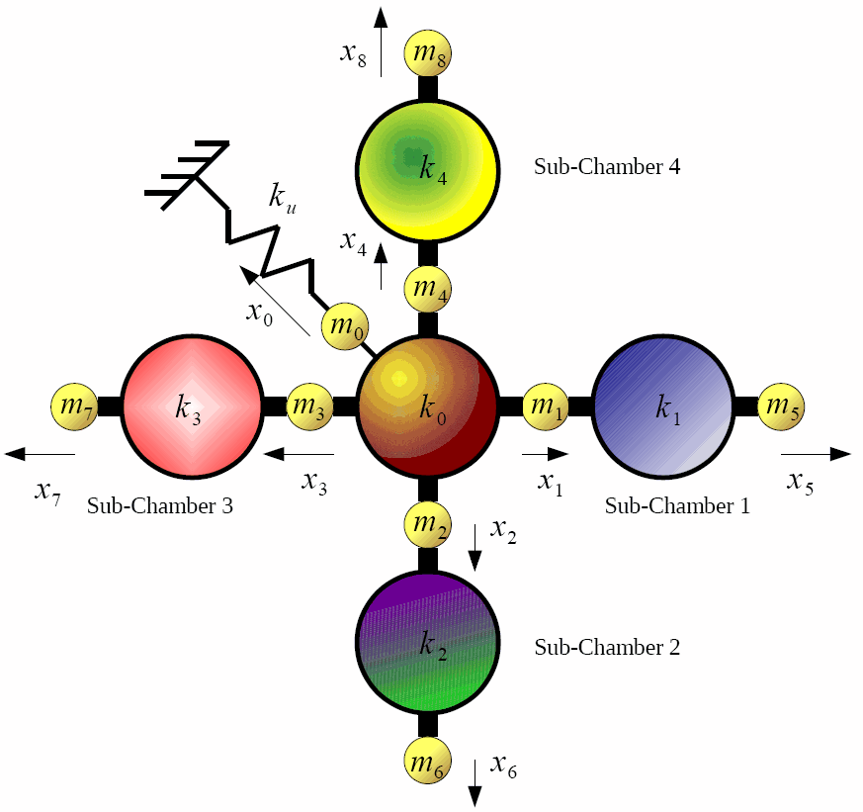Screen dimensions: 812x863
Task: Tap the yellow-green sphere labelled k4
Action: [x=428, y=168]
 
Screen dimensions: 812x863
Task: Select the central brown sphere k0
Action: [x=427, y=406]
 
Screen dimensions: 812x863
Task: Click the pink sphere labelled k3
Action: [x=191, y=406]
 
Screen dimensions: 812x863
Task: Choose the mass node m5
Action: [x=780, y=406]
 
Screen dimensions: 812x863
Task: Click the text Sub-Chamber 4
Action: [x=606, y=166]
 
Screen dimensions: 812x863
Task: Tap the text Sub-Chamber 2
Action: [x=606, y=648]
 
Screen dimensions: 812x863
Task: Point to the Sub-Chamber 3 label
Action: [x=160, y=506]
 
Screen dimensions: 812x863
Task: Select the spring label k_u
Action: [x=282, y=196]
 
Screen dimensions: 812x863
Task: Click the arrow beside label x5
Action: [x=816, y=454]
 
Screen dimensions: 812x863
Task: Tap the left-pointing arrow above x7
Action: [x=41, y=454]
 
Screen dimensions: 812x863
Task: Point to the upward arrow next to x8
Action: [x=381, y=40]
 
